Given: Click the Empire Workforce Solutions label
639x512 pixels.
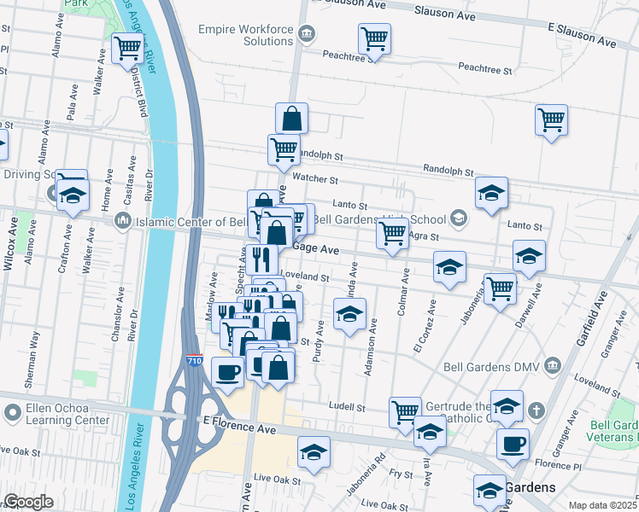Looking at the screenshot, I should point(245,35).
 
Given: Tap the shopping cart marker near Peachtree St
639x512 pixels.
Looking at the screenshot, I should point(374,39).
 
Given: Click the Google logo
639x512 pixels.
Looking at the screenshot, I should point(29,502).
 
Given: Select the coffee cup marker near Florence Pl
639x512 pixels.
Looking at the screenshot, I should point(513,445).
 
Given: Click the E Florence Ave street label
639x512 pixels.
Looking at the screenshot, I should point(239,425).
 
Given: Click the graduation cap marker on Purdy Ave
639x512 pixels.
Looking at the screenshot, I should point(349,315).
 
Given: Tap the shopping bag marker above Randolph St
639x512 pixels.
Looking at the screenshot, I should point(291,119).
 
